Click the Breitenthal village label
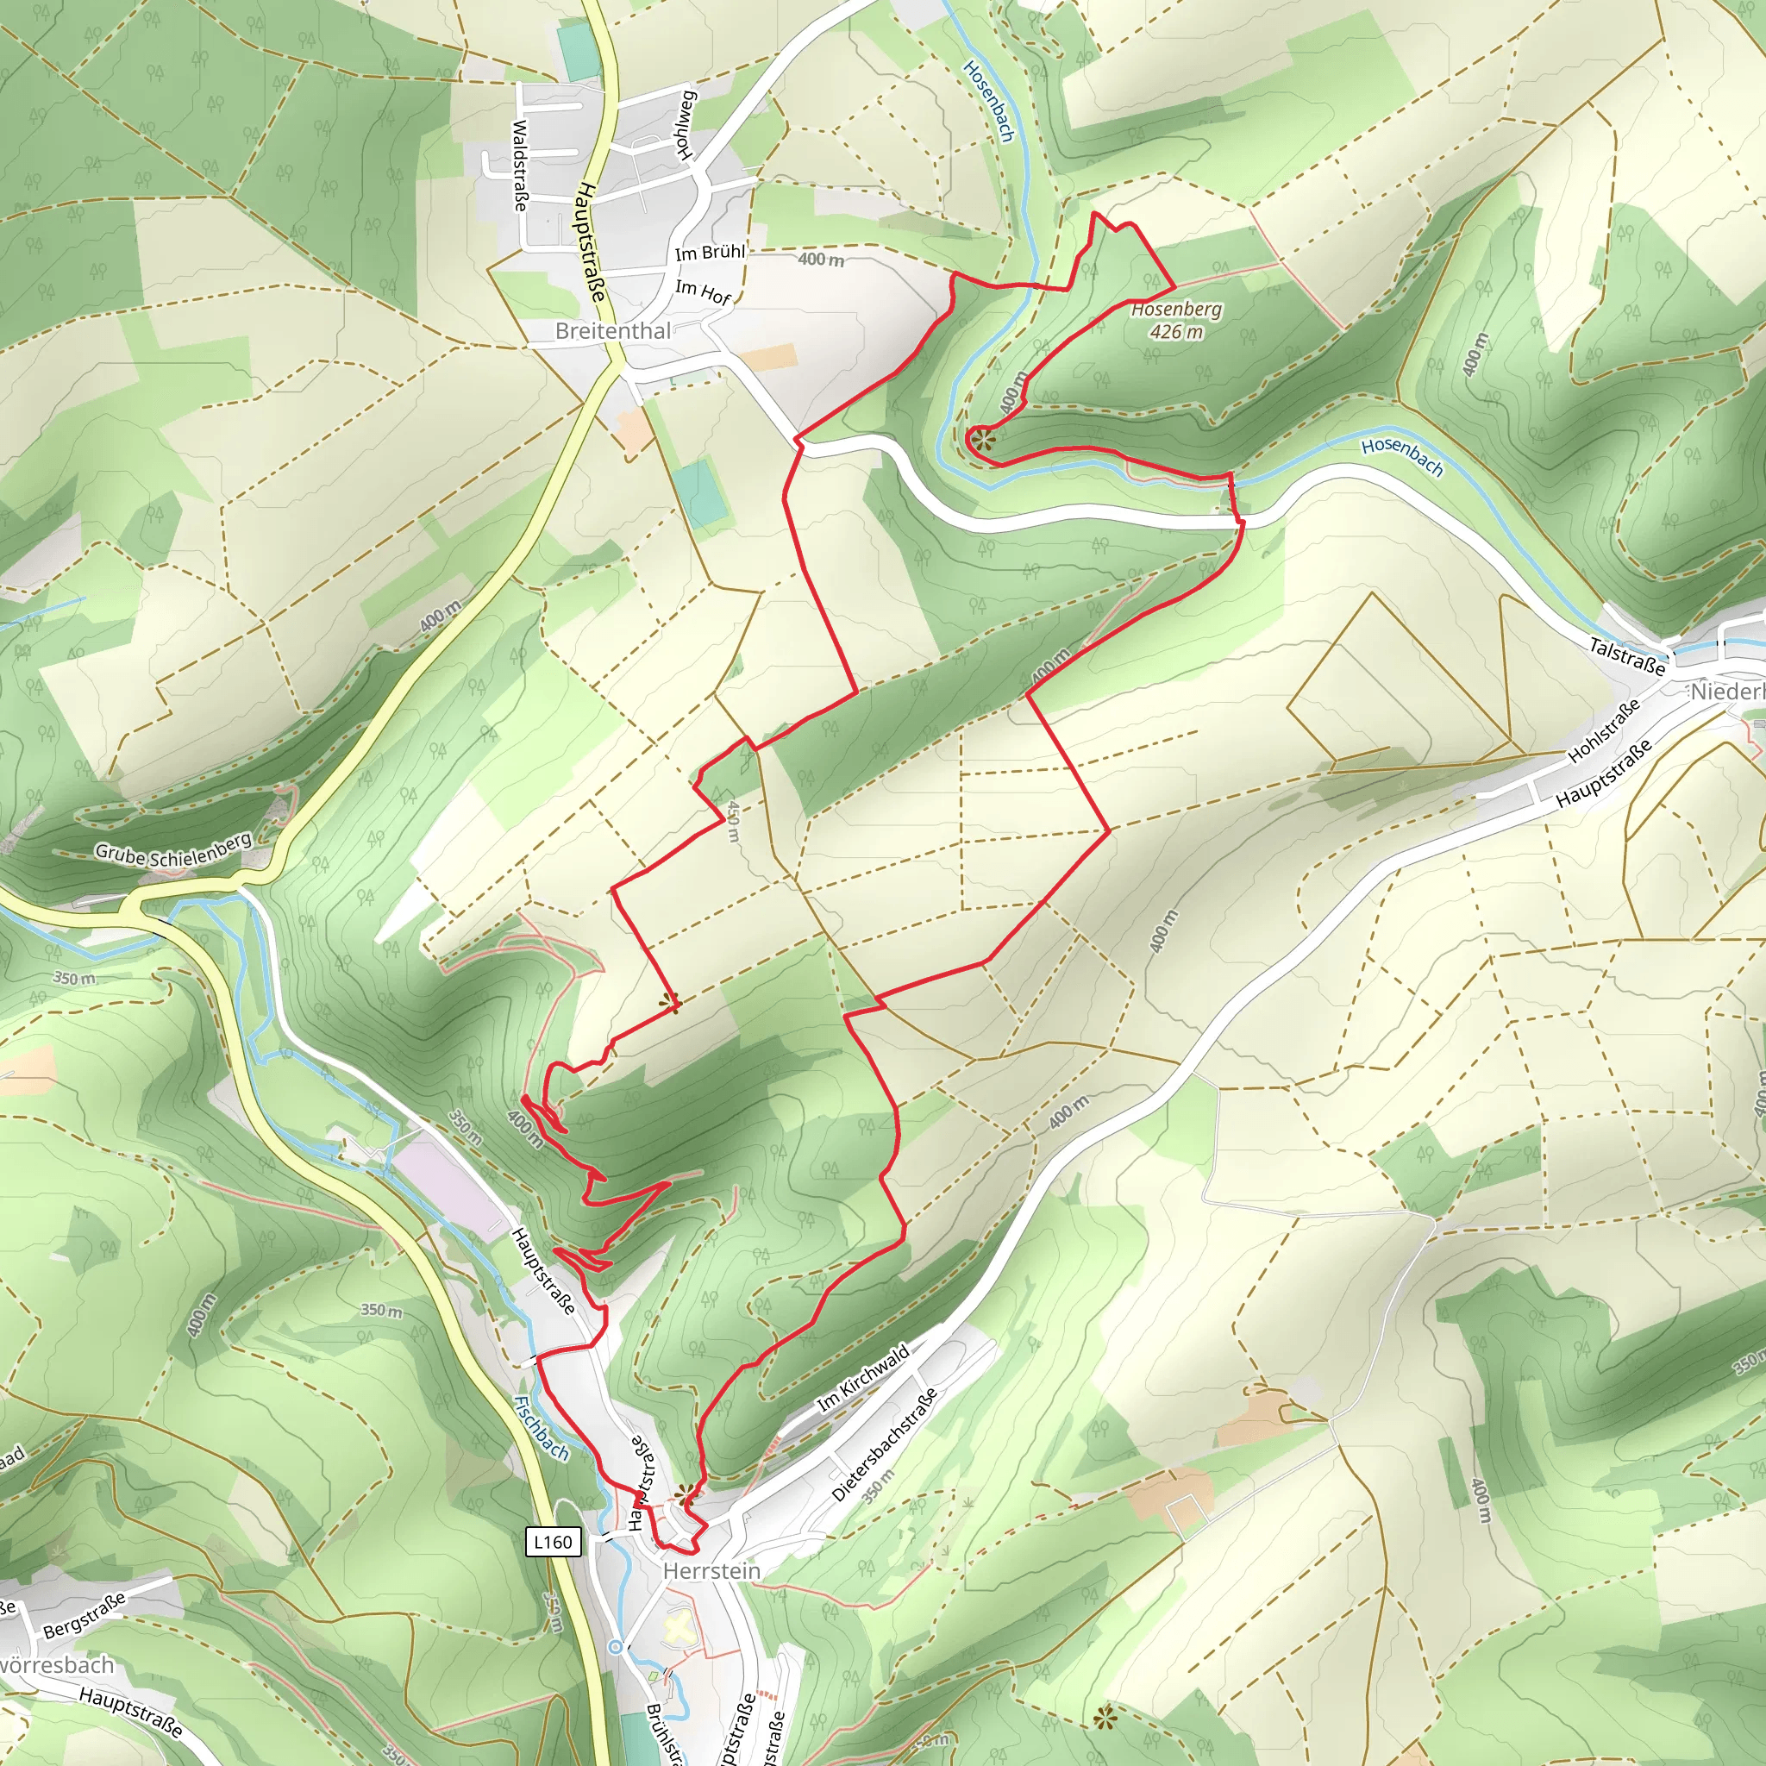tap(612, 331)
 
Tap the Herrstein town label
tap(711, 1570)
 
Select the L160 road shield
tap(553, 1542)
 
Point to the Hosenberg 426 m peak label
tap(1175, 320)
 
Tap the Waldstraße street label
tap(519, 166)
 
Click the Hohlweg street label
tap(686, 125)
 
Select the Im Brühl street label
tap(711, 253)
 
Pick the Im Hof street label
tap(703, 291)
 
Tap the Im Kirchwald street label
tap(863, 1376)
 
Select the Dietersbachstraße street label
tap(884, 1445)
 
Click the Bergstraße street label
tap(85, 1615)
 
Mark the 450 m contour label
tap(733, 821)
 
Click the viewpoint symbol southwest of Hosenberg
tap(981, 441)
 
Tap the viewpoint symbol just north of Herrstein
tap(685, 1495)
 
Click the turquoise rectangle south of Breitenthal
tap(700, 492)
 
